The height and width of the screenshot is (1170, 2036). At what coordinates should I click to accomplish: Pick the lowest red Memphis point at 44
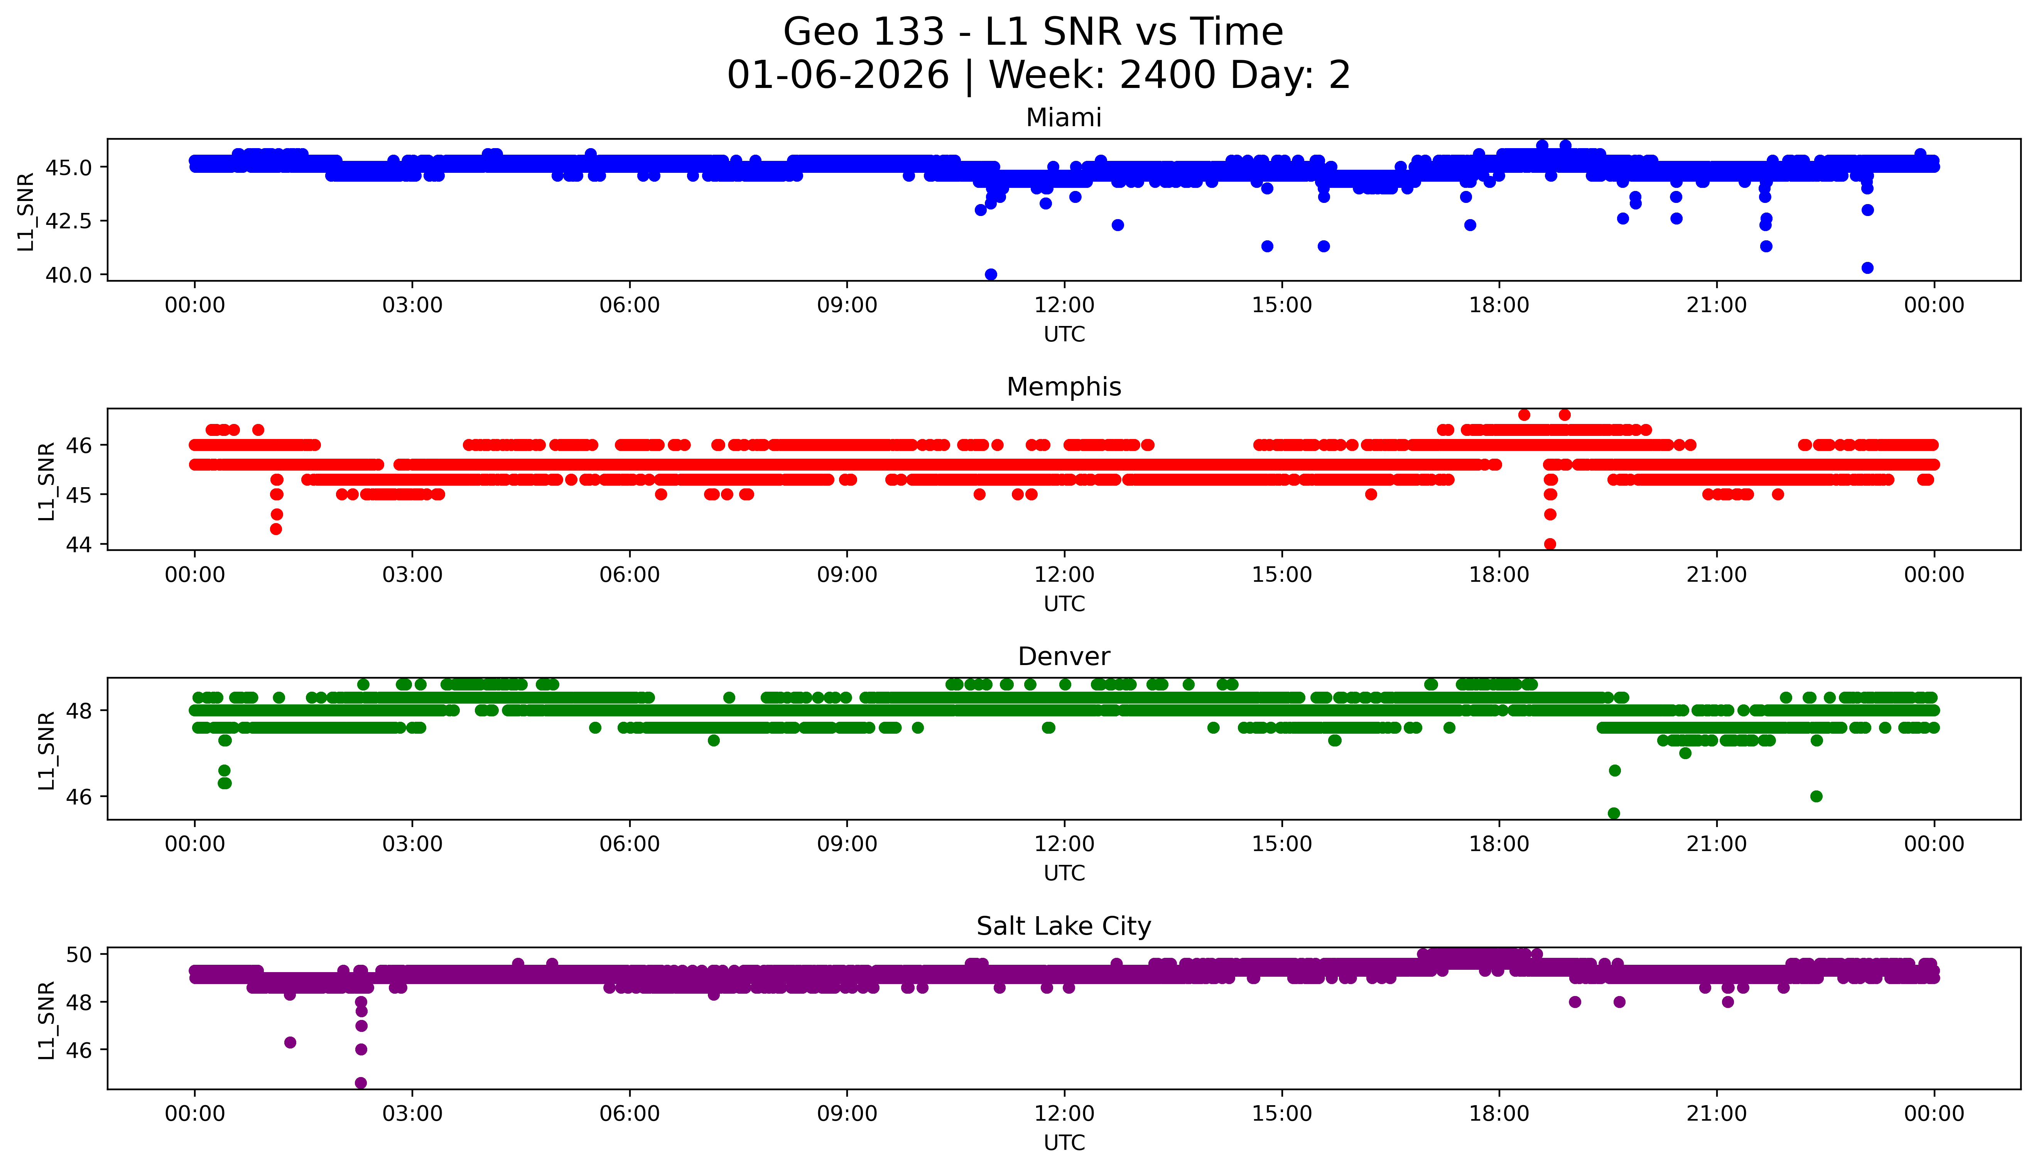(1550, 544)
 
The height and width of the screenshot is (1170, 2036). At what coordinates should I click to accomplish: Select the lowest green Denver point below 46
(1613, 813)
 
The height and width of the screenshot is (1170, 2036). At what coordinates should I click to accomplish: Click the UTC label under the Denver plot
(1064, 873)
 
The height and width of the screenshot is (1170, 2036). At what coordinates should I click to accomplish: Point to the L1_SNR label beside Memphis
(47, 481)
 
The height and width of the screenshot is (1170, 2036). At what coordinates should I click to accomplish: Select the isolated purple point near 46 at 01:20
(290, 1042)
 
